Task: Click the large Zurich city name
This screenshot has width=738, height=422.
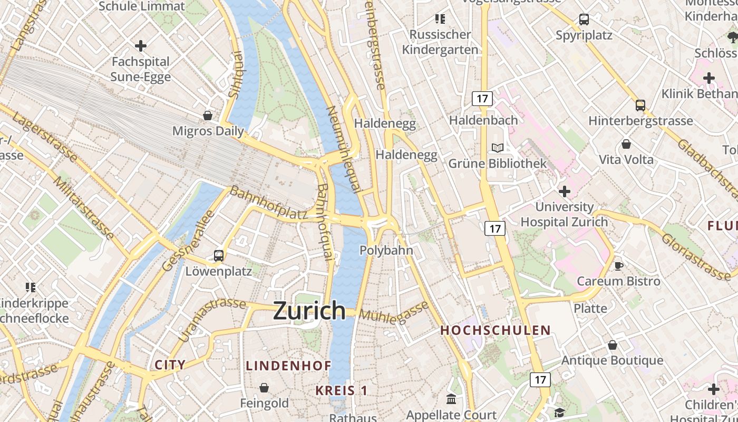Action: pyautogui.click(x=309, y=311)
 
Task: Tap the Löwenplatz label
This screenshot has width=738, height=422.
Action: pyautogui.click(x=219, y=272)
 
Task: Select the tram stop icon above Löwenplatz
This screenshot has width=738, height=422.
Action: pyautogui.click(x=219, y=256)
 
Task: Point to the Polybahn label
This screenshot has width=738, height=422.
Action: pyautogui.click(x=386, y=251)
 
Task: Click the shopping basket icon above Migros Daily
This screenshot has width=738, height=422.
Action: pyautogui.click(x=208, y=115)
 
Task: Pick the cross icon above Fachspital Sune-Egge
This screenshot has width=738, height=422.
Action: pyautogui.click(x=141, y=46)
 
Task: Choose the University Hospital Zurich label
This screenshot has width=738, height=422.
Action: pyautogui.click(x=564, y=214)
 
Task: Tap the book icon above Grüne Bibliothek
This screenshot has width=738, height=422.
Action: pyautogui.click(x=498, y=148)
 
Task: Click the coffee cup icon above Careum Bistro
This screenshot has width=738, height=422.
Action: pyautogui.click(x=619, y=265)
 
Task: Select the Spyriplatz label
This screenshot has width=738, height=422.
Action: pyautogui.click(x=584, y=35)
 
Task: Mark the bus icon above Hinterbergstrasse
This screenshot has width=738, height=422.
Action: pyautogui.click(x=640, y=105)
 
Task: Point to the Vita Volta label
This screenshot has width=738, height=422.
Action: pyautogui.click(x=626, y=159)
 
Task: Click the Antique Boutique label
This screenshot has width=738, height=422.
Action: pyautogui.click(x=612, y=360)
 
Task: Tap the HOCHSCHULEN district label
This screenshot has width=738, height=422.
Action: pyautogui.click(x=496, y=330)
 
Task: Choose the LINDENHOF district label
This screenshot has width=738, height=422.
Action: pyautogui.click(x=289, y=365)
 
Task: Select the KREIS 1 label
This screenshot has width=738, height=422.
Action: pyautogui.click(x=342, y=390)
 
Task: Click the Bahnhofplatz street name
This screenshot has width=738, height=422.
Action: pyautogui.click(x=268, y=203)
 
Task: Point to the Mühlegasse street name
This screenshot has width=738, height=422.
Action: pyautogui.click(x=394, y=311)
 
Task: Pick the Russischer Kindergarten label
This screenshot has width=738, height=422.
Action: pyautogui.click(x=440, y=42)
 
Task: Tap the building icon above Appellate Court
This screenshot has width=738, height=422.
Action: pyautogui.click(x=451, y=399)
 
